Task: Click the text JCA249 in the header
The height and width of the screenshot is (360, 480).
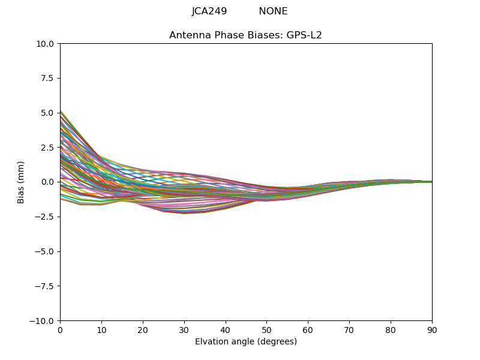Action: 209,11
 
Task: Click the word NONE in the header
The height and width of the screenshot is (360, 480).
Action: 273,11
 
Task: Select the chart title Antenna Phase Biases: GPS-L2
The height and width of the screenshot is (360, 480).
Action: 245,35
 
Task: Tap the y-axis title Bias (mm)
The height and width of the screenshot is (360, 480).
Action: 21,182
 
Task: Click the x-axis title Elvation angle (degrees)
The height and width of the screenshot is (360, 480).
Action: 245,342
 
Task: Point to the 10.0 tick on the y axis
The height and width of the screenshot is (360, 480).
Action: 47,44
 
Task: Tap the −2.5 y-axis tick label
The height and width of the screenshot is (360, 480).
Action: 46,217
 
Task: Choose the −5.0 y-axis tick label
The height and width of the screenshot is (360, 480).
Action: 46,251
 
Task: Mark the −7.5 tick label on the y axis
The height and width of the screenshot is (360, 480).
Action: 46,286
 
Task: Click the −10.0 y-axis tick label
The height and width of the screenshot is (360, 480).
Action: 44,321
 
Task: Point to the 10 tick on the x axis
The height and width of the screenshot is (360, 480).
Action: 101,330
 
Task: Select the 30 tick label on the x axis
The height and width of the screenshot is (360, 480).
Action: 184,330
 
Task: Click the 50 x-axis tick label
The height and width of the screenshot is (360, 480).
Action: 266,330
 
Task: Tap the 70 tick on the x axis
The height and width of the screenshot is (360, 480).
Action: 349,330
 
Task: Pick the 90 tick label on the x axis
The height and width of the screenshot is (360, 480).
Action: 431,330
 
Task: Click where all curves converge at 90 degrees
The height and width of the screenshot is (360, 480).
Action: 431,182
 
